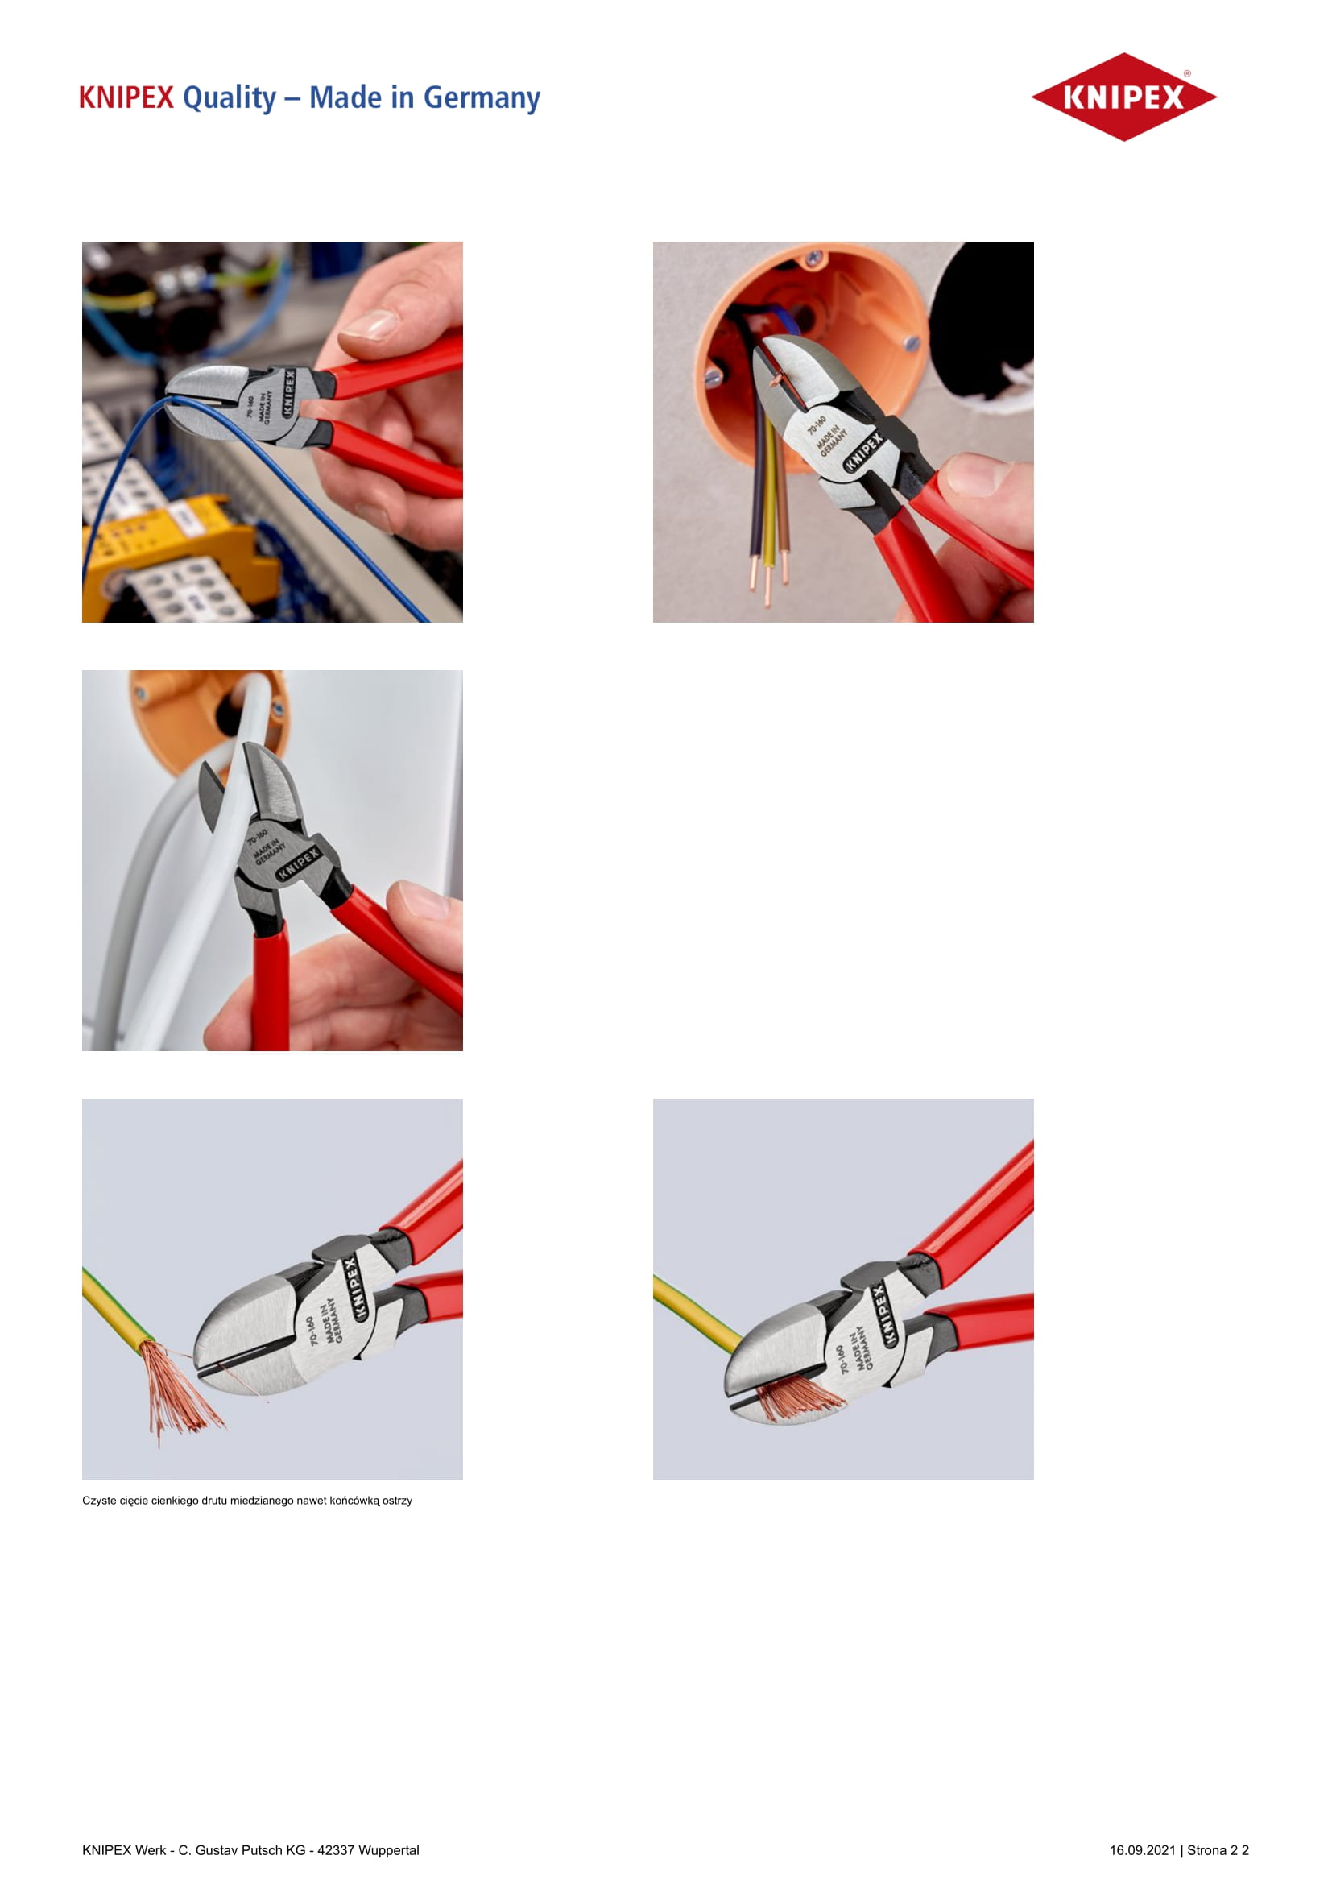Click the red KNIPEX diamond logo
[x=1123, y=97]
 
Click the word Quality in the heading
[x=230, y=98]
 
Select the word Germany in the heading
[x=482, y=98]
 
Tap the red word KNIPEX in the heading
[x=126, y=97]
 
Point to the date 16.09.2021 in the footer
[x=1143, y=1849]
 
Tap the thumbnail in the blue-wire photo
[x=370, y=325]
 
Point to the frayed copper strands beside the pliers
[x=176, y=1390]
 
